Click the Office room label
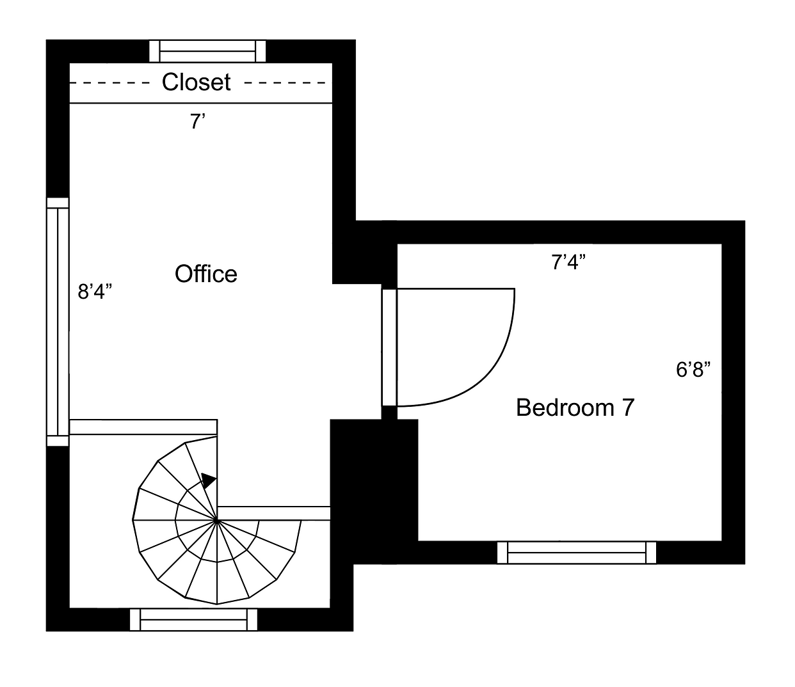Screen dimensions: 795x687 (205, 274)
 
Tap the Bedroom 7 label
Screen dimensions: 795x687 (575, 407)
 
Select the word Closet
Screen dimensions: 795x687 (196, 82)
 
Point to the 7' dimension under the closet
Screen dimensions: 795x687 (198, 122)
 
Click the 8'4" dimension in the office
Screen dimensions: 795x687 (95, 292)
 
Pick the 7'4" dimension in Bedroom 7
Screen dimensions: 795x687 (568, 262)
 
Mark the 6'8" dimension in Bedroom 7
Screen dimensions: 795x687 (693, 370)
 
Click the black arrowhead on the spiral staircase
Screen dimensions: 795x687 (209, 480)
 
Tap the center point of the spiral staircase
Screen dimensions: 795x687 (217, 520)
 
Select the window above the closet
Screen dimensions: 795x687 (207, 51)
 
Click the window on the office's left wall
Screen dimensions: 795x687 (58, 322)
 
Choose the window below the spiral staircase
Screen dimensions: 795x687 (193, 620)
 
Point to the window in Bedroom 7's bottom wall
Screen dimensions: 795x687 (577, 553)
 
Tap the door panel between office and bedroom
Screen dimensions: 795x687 (389, 347)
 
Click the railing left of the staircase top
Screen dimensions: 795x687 (143, 427)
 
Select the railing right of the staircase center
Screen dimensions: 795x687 (274, 513)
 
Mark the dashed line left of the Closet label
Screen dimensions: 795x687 (109, 83)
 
